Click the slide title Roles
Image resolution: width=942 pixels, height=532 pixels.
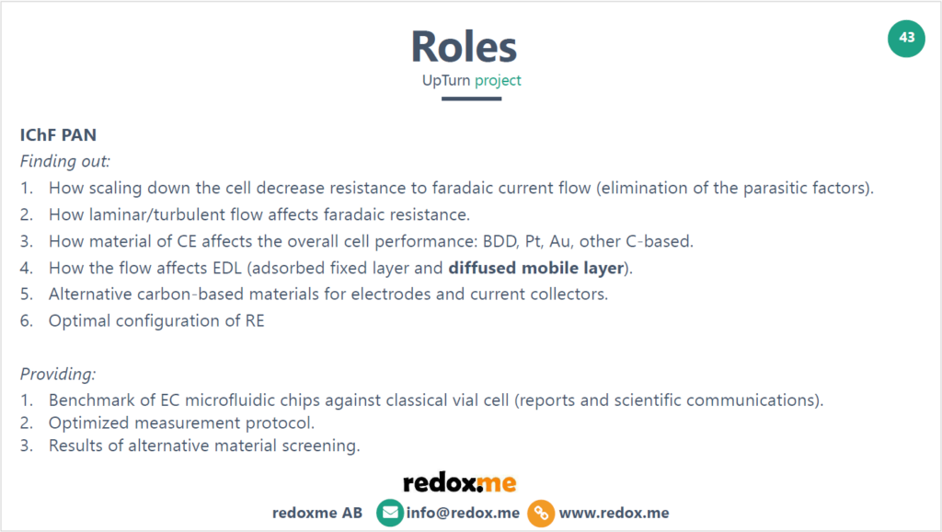[x=464, y=46]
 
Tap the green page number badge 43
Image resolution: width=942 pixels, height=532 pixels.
[x=907, y=38]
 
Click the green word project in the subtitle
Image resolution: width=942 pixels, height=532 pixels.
[x=498, y=80]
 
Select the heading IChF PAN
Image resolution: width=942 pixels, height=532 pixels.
[x=58, y=135]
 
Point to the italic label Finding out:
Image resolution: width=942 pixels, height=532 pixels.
[x=65, y=161]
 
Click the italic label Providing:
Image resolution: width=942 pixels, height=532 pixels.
[x=58, y=375]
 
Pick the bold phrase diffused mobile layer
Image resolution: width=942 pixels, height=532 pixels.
[x=543, y=268]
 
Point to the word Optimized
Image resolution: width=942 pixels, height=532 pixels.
[x=86, y=423]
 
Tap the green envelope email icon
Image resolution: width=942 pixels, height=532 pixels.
[x=390, y=513]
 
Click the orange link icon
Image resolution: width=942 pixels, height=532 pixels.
[x=541, y=513]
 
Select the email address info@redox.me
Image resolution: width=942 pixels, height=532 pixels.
[x=463, y=513]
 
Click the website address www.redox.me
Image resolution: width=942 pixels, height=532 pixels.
[x=614, y=513]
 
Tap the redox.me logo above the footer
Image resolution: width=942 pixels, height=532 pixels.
[x=460, y=482]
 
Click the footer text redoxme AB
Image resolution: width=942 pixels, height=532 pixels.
[x=317, y=513]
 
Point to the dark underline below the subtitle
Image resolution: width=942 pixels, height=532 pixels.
[x=471, y=98]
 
